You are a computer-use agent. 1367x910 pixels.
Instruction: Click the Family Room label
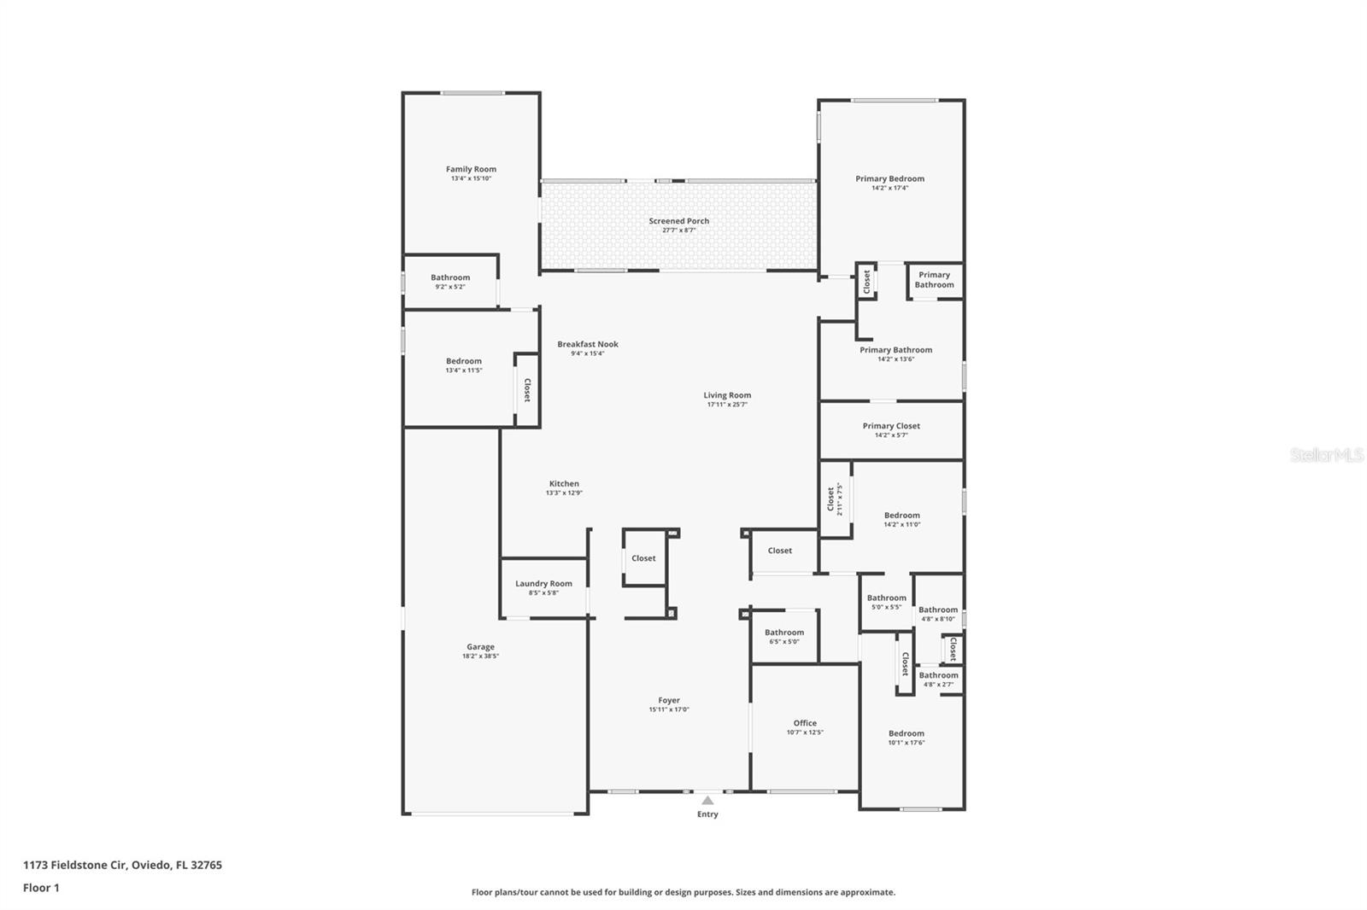(471, 169)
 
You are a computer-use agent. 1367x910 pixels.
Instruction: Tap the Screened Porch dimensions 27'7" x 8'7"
(679, 230)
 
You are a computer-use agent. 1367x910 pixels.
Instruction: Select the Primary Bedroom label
(889, 178)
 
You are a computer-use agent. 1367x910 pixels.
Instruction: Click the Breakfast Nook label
(588, 344)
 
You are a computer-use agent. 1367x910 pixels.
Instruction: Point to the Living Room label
(727, 395)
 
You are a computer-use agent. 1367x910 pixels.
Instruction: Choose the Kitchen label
(564, 483)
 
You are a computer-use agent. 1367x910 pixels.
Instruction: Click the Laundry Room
(543, 587)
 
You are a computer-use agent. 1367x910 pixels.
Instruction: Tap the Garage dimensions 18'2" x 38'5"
(480, 656)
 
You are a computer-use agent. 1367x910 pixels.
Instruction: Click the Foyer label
(669, 700)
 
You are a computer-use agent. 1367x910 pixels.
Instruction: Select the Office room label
(805, 723)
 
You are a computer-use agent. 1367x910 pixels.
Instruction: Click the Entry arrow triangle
(707, 800)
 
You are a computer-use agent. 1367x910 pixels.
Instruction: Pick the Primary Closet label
(891, 426)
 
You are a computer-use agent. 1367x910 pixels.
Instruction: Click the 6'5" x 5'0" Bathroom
(784, 636)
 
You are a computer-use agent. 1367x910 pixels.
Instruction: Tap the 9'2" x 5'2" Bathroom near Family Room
(450, 281)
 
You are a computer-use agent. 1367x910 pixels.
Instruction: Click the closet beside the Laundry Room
(643, 558)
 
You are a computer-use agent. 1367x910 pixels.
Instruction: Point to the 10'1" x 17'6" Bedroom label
(906, 733)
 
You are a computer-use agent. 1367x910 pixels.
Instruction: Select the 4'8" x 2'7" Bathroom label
(938, 675)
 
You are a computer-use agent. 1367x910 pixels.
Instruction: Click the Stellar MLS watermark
(1326, 456)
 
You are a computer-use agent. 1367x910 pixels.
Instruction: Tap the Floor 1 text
(41, 888)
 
